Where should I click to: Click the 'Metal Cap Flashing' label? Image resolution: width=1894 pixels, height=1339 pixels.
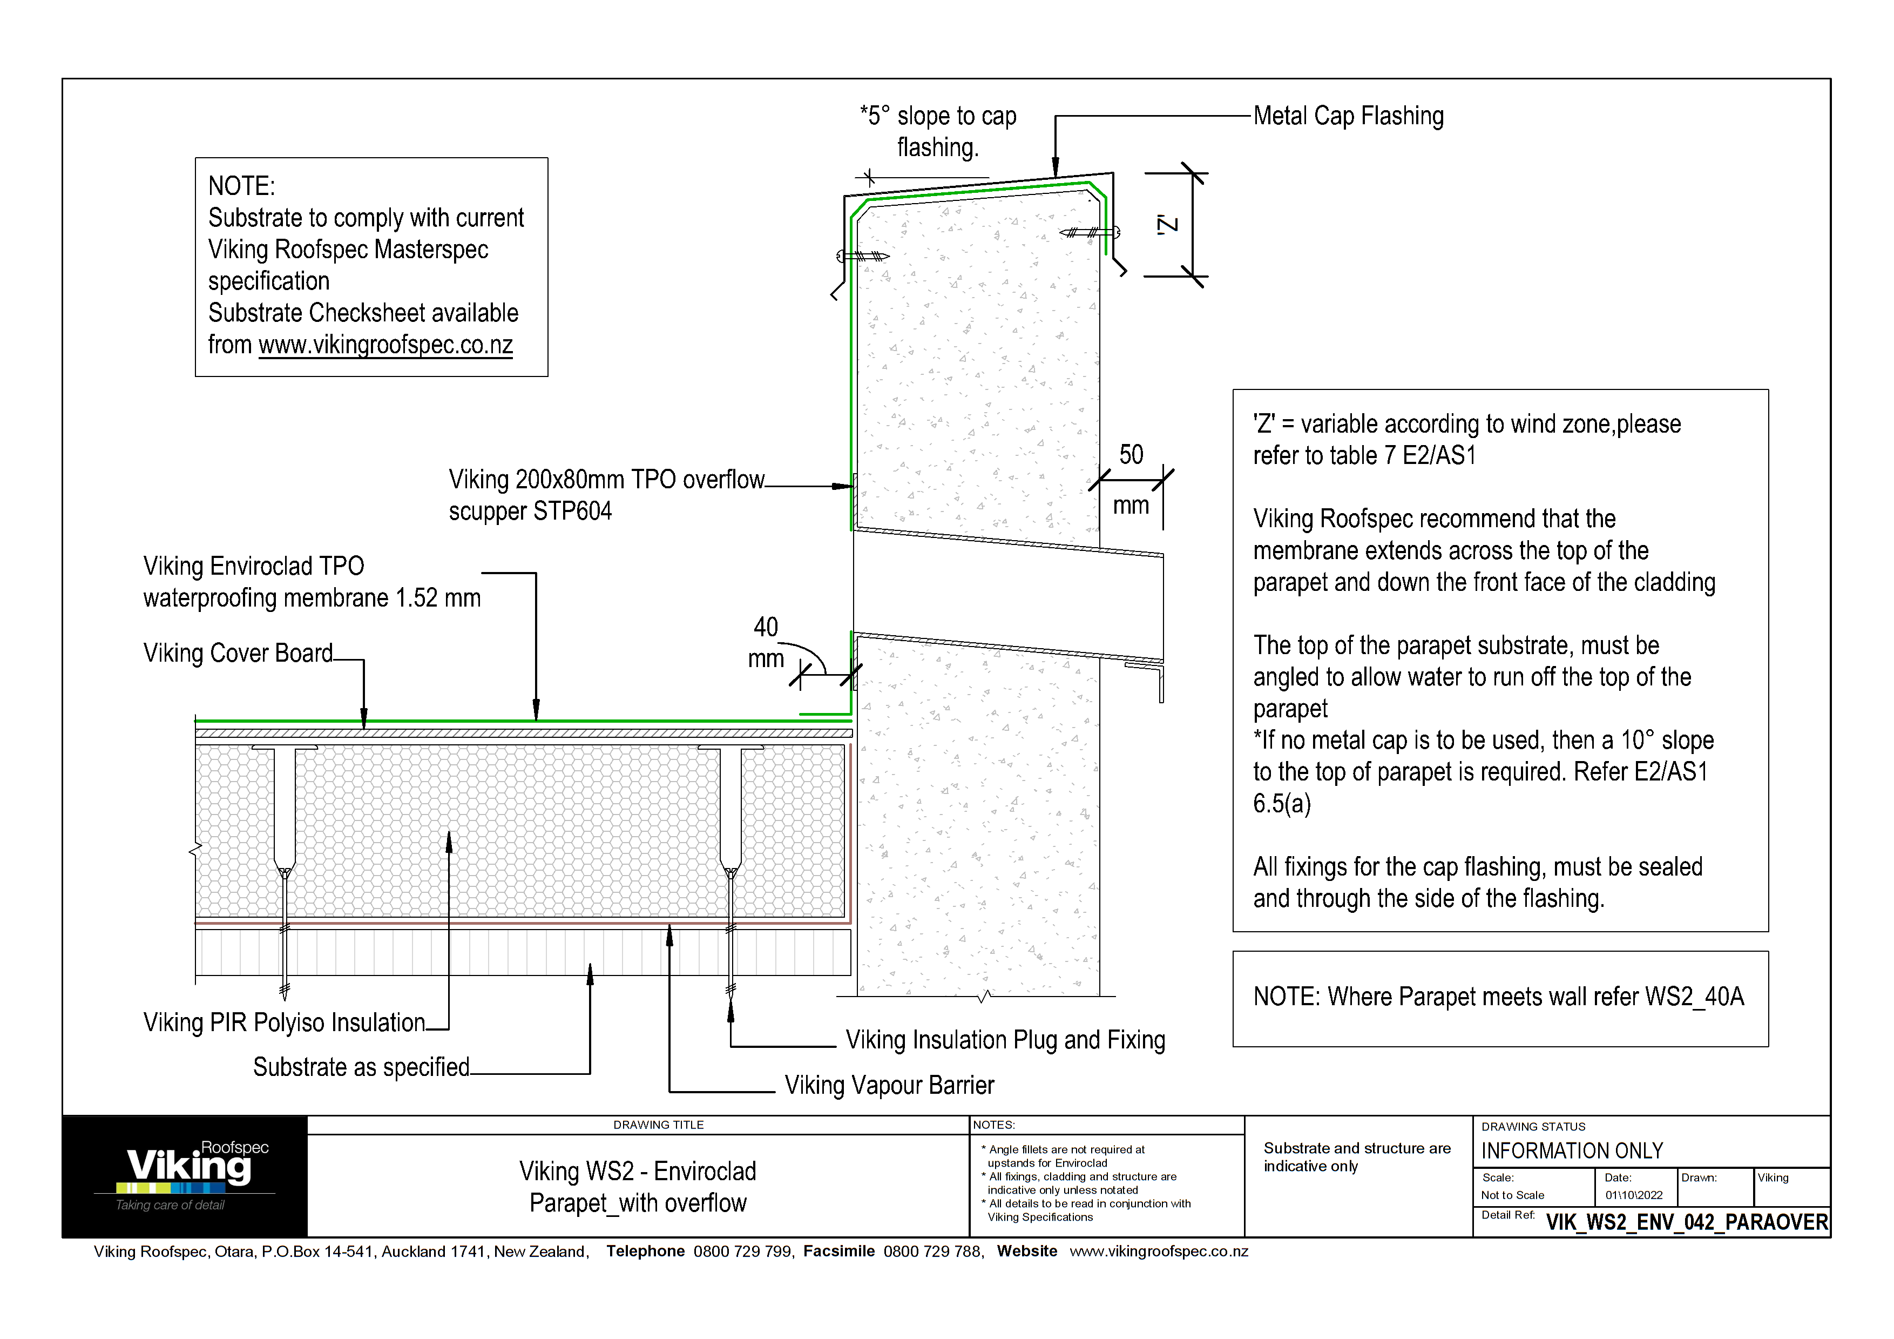pyautogui.click(x=1348, y=116)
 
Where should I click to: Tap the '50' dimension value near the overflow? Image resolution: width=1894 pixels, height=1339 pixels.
pyautogui.click(x=1131, y=455)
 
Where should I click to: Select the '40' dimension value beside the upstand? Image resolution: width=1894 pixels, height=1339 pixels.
pyautogui.click(x=766, y=627)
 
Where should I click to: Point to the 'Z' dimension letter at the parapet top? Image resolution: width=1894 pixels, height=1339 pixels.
pyautogui.click(x=1167, y=224)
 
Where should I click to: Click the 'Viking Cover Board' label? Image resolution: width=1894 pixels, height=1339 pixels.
pyautogui.click(x=238, y=654)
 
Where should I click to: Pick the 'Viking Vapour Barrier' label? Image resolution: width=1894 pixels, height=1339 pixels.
pyautogui.click(x=889, y=1086)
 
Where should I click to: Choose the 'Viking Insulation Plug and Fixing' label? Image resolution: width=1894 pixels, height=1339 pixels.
pyautogui.click(x=1005, y=1040)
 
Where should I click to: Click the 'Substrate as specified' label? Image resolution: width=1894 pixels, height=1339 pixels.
pyautogui.click(x=361, y=1067)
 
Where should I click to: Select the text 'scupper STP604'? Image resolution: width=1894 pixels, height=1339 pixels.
pyautogui.click(x=530, y=512)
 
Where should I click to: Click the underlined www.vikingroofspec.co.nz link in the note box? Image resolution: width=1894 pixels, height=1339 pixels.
pyautogui.click(x=385, y=345)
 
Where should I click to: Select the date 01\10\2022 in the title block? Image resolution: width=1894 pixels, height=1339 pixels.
pyautogui.click(x=1633, y=1195)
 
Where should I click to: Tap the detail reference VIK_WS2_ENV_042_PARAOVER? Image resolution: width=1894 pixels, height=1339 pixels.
pyautogui.click(x=1686, y=1222)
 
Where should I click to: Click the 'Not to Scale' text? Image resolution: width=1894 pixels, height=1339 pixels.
pyautogui.click(x=1512, y=1195)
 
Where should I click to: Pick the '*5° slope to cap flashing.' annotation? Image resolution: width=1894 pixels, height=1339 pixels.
pyautogui.click(x=938, y=132)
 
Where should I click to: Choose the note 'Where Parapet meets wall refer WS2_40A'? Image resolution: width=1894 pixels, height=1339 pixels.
pyautogui.click(x=1498, y=998)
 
